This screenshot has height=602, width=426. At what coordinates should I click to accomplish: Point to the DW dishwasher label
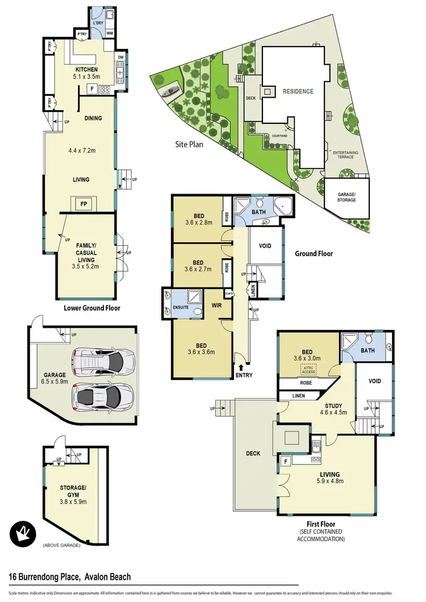click(x=121, y=57)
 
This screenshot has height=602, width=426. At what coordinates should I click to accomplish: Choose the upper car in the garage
click(x=104, y=359)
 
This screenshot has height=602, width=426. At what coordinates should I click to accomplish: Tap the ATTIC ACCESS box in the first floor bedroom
click(x=309, y=370)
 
